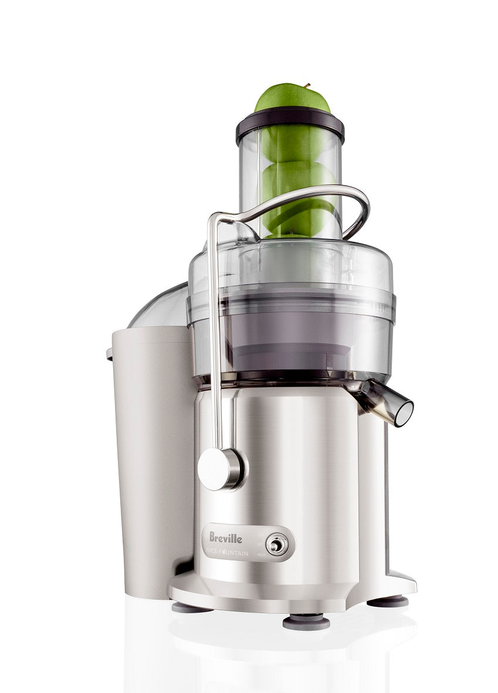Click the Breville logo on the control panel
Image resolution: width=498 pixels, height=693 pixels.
point(226,537)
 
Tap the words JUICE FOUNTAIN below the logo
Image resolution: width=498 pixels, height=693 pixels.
point(228,553)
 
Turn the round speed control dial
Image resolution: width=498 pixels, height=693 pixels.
point(276,545)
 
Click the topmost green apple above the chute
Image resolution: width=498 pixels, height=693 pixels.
point(292,99)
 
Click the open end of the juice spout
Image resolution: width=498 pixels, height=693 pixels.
point(404,413)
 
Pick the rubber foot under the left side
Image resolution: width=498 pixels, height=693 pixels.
point(192,608)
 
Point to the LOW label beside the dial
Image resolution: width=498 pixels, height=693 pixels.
point(261,535)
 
